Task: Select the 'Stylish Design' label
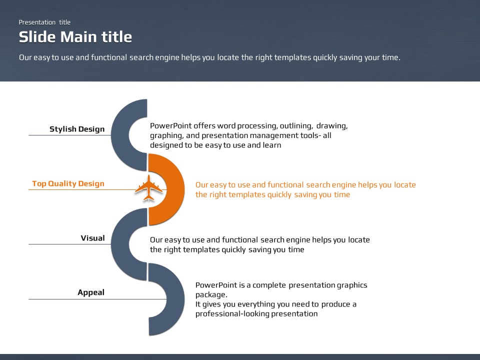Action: click(x=77, y=129)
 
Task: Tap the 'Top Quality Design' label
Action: click(x=68, y=183)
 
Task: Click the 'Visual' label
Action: click(x=93, y=238)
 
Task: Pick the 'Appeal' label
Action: click(x=91, y=292)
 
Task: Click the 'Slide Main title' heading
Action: click(x=75, y=37)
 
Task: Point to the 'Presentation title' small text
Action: click(x=44, y=22)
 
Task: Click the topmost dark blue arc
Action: click(x=121, y=135)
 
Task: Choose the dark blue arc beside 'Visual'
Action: click(x=121, y=244)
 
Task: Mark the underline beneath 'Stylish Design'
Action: click(x=70, y=135)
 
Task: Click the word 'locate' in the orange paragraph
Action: click(x=405, y=184)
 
